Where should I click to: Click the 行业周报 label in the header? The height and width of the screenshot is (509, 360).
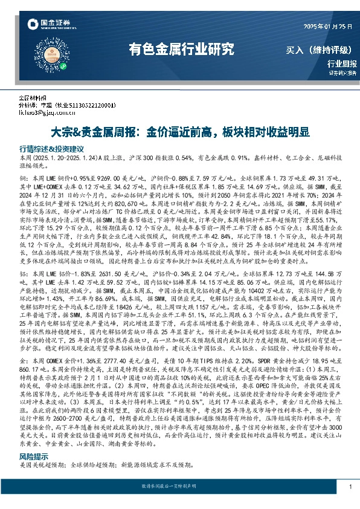(x=342, y=63)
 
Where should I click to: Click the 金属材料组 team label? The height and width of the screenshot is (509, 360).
(x=33, y=97)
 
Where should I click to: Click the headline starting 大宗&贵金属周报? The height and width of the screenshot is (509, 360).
(x=179, y=132)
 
